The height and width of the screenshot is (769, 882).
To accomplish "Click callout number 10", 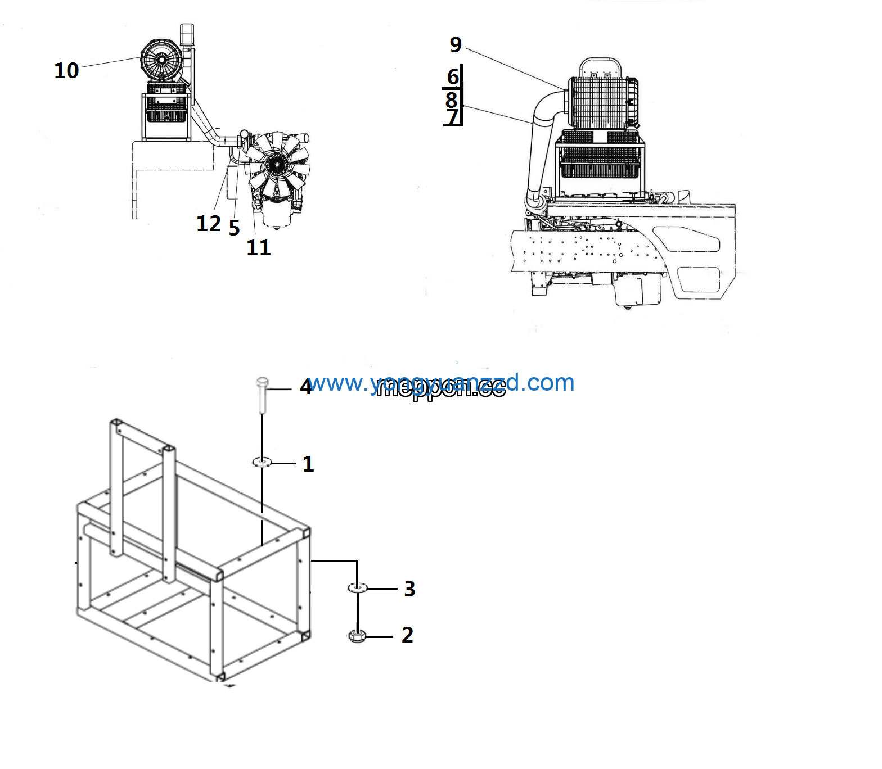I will [x=66, y=71].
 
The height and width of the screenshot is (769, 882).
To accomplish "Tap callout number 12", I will [x=208, y=224].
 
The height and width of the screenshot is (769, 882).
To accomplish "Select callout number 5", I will [x=234, y=228].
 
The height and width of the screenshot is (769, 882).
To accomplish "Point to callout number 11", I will [x=259, y=247].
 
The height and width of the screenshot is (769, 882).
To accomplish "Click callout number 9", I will [x=456, y=44].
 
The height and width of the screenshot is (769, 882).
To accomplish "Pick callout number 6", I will [x=453, y=76].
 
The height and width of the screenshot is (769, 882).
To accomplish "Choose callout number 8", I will [x=451, y=100].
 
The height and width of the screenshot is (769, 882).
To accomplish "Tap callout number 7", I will [x=452, y=117].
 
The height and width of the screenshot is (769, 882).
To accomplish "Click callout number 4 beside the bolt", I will [x=305, y=387].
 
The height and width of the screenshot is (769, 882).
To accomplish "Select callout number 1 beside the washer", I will [x=308, y=464].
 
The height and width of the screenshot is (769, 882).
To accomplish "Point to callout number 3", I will [x=409, y=589].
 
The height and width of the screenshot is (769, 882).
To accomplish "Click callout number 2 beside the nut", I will [x=408, y=635].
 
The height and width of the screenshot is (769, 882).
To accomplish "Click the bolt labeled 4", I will [x=262, y=393].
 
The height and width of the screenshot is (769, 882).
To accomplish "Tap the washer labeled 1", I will [x=262, y=462].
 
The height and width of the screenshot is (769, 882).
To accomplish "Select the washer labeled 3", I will [x=358, y=587].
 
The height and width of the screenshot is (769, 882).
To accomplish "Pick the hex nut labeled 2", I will [x=358, y=636].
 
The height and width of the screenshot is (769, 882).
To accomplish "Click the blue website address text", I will [x=442, y=383].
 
